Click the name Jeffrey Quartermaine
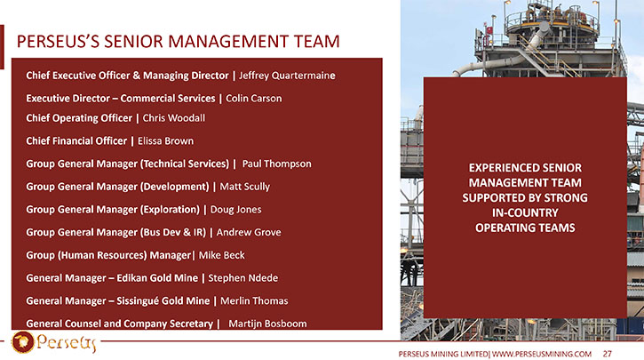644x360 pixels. click(x=287, y=76)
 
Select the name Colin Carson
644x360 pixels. click(x=254, y=99)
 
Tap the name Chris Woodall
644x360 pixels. click(x=174, y=118)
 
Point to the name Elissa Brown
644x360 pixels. click(x=165, y=141)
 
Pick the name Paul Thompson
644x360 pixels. click(x=277, y=164)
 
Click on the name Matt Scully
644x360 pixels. click(x=245, y=187)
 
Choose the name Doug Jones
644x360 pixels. click(x=235, y=210)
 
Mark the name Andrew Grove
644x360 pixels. click(x=249, y=232)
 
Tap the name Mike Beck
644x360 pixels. click(x=222, y=255)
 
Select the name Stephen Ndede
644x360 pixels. click(x=243, y=278)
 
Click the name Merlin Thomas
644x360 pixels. click(x=254, y=300)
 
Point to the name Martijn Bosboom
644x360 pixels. click(x=267, y=324)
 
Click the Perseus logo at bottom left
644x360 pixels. click(x=54, y=342)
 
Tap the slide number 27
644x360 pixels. click(x=608, y=354)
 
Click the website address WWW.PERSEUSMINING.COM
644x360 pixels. click(x=542, y=354)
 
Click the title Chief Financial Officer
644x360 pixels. click(x=76, y=141)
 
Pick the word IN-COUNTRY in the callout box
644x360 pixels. click(x=525, y=212)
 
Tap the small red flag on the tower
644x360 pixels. click(x=489, y=30)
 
